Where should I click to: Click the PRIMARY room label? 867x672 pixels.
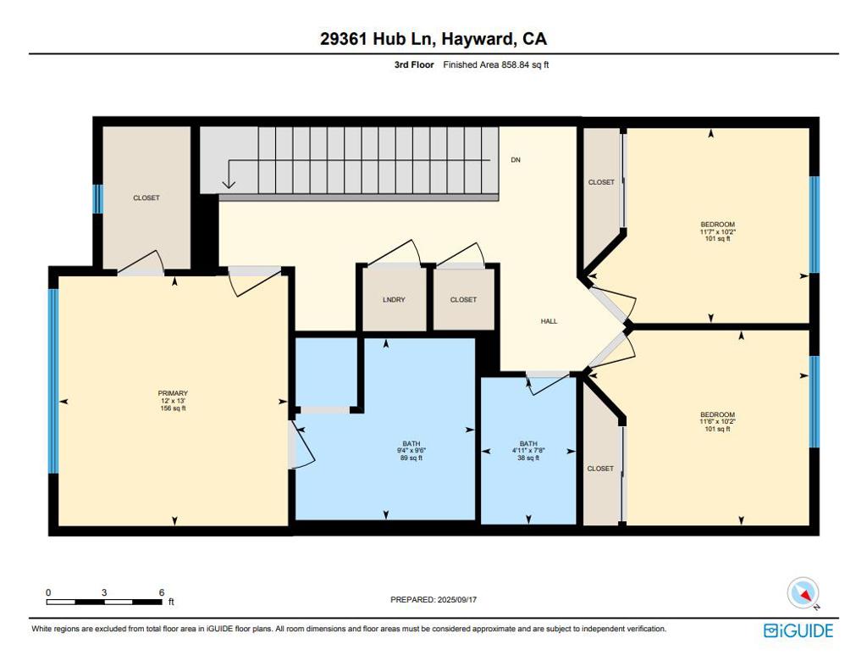coord(173,401)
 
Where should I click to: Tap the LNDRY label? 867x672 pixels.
coord(394,299)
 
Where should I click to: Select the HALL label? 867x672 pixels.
coord(549,321)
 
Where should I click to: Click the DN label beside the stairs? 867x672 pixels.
coord(516,160)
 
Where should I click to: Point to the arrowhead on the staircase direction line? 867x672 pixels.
coord(229,183)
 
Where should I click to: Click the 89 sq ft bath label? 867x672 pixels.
coord(411,451)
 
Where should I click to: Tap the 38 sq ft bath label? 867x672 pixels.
coord(528,451)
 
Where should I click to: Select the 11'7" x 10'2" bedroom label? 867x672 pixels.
coord(718,231)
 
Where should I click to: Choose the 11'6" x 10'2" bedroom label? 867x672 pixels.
coord(718,421)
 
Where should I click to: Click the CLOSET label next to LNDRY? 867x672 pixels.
coord(463,299)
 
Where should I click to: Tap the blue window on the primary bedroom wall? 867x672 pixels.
coord(53,380)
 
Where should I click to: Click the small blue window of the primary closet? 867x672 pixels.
coord(98,199)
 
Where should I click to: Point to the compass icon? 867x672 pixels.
coord(803,593)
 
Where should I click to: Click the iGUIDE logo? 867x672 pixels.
coord(798,630)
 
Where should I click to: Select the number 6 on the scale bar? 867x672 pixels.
coord(162,592)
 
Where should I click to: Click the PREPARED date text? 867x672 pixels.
coord(433,599)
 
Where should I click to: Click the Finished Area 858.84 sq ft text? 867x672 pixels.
coord(496,64)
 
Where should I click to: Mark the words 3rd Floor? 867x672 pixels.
coord(414,64)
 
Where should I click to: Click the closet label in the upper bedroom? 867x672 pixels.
coord(601,182)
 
